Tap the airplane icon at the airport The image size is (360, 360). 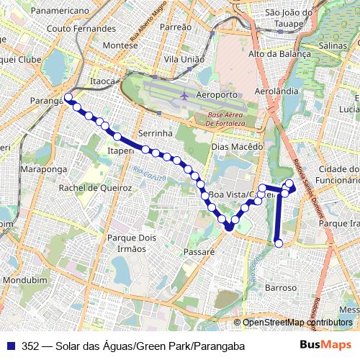tap(185, 95)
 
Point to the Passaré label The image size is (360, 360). tap(199, 253)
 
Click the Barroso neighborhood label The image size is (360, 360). tap(281, 287)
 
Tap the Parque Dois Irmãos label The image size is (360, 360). tap(126, 243)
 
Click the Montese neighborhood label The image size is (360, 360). tap(120, 45)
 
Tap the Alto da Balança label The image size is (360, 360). tap(279, 54)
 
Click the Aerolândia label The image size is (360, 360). tap(276, 92)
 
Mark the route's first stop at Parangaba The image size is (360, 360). tap(68, 97)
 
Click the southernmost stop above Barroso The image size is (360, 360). tap(278, 244)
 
